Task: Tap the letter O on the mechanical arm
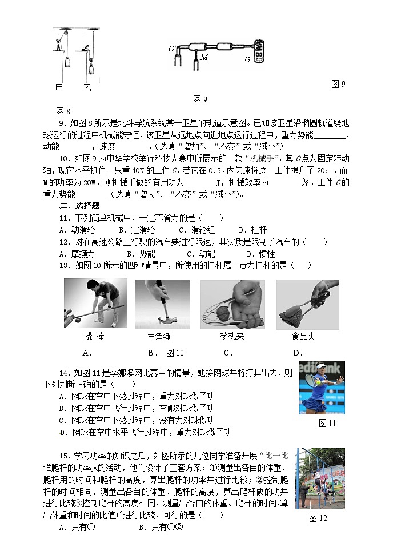pos(171,49)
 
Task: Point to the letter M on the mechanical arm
pos(205,57)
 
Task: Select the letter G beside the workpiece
pos(247,59)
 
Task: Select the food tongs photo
pos(307,304)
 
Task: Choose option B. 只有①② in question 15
pos(161,528)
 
